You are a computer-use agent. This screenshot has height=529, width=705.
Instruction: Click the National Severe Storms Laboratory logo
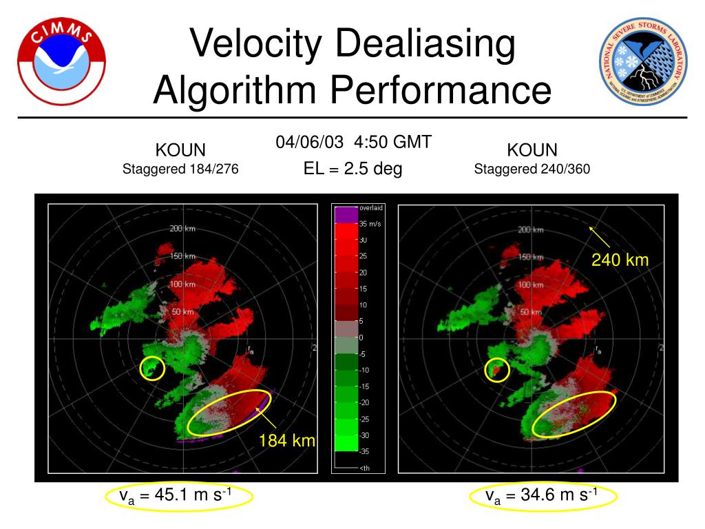click(642, 61)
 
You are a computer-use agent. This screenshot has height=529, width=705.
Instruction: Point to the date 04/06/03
click(310, 142)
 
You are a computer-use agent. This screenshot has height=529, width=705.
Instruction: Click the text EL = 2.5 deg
click(352, 168)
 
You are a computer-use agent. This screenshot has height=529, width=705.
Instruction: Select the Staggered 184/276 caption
click(180, 169)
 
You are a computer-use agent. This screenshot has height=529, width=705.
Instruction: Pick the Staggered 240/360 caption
click(532, 169)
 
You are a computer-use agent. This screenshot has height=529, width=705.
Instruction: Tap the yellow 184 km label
click(287, 440)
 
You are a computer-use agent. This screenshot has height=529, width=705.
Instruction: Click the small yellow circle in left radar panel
click(152, 368)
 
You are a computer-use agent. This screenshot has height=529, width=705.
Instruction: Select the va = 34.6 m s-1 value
click(542, 495)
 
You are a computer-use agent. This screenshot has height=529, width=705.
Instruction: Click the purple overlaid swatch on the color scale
click(344, 215)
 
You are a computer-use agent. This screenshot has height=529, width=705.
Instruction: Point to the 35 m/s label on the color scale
click(370, 224)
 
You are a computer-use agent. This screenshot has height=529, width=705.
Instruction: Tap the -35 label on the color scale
click(364, 452)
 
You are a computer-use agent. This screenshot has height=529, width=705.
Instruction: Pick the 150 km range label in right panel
click(532, 257)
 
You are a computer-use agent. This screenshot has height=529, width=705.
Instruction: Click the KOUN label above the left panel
click(180, 150)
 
